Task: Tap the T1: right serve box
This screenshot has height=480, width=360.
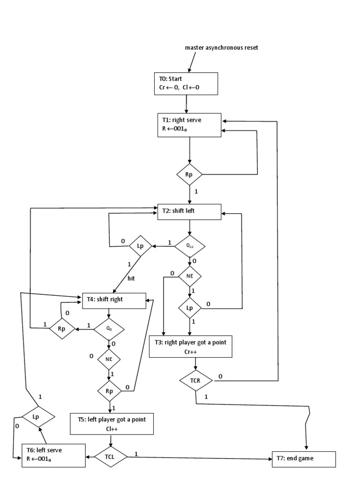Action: [x=189, y=126]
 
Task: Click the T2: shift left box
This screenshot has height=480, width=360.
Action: [x=189, y=211]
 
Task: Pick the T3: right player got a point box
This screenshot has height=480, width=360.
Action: [x=190, y=346]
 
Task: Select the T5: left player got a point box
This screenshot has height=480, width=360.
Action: [x=112, y=423]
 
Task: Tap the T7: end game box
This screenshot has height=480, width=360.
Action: [x=304, y=458]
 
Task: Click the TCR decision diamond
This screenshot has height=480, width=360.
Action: [x=195, y=381]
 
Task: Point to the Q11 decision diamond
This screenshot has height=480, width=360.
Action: [x=189, y=245]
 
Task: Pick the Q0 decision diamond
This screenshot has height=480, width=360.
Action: [x=109, y=330]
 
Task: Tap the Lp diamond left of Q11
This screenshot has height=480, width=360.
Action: [x=139, y=245]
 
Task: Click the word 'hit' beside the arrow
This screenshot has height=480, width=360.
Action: [x=131, y=278]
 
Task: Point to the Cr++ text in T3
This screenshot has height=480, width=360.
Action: [x=190, y=351]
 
